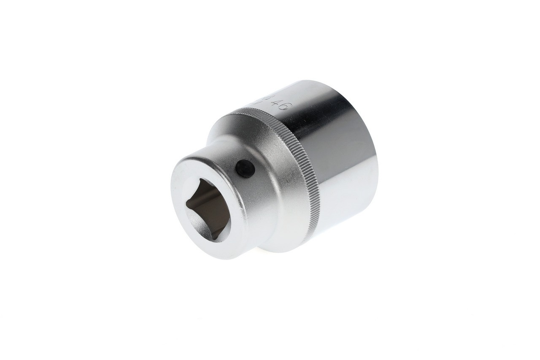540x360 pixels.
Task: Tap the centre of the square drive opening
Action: pyautogui.click(x=208, y=209)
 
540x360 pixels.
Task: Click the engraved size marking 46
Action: pyautogui.click(x=278, y=104)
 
